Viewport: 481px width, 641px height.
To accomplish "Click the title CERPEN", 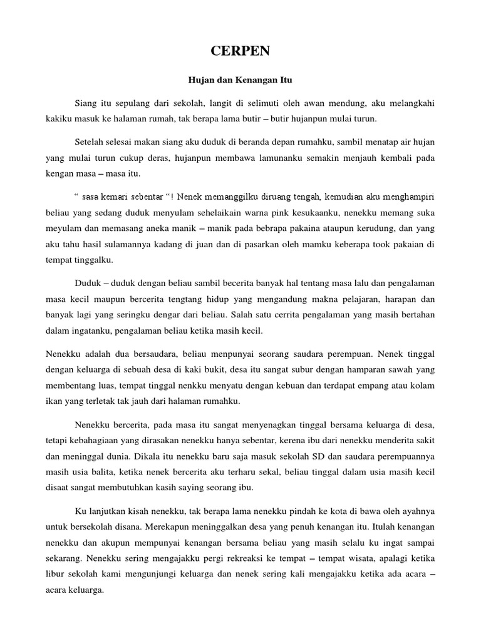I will (x=240, y=53).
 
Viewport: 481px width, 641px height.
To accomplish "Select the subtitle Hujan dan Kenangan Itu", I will (x=240, y=80).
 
